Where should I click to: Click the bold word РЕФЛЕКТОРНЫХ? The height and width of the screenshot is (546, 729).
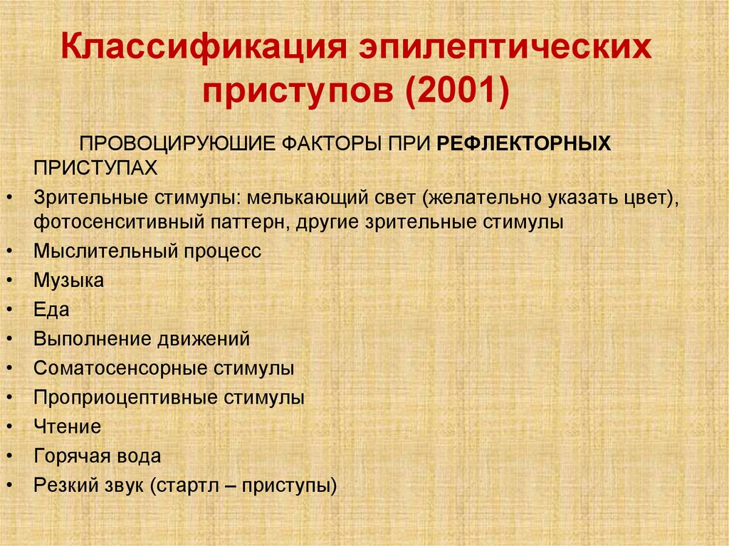524,143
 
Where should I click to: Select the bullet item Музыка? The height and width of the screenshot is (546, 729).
68,280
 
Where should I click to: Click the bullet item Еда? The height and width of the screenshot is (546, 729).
51,310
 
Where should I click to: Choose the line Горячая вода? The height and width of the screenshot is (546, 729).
97,456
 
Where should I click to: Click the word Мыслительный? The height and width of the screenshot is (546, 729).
105,251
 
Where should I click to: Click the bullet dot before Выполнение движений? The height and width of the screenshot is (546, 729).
7,340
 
